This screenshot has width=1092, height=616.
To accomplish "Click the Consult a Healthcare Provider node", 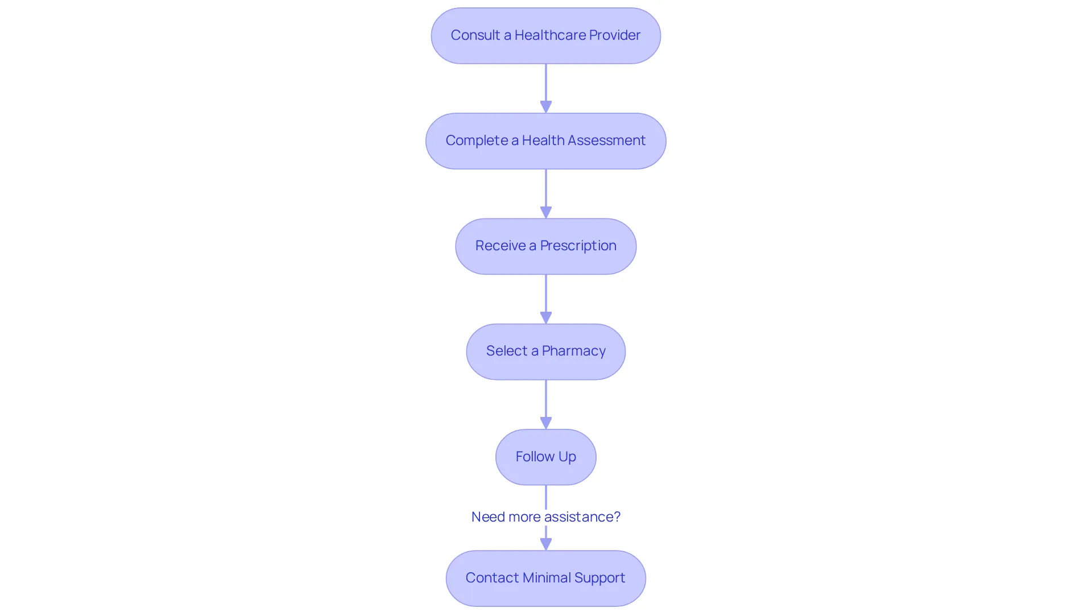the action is click(x=546, y=36).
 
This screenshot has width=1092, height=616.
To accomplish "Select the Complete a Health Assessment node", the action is click(x=546, y=141).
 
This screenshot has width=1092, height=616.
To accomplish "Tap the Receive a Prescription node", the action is click(x=546, y=246).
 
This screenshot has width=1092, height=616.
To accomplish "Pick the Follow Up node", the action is click(x=546, y=457).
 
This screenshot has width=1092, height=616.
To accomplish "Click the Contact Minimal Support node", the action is click(x=546, y=578).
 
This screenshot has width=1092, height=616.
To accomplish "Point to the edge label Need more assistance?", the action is click(x=546, y=516).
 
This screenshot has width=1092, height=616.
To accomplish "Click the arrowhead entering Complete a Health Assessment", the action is click(x=546, y=107).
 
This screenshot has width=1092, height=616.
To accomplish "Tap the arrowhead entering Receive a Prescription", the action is click(x=546, y=212).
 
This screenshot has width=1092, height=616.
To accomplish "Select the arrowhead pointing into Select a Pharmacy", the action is click(x=546, y=318).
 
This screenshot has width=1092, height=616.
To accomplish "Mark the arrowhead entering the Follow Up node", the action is click(x=546, y=423).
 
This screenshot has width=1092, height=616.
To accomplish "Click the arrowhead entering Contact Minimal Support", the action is click(x=546, y=544).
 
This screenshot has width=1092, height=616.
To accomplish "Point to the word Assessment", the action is click(x=606, y=140).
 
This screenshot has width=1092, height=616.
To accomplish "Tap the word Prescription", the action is click(x=578, y=246).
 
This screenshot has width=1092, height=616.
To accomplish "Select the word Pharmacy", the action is click(x=574, y=352).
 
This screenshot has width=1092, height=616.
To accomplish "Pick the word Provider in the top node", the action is click(x=615, y=35).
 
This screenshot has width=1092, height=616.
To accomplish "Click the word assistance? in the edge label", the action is click(x=582, y=516).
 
